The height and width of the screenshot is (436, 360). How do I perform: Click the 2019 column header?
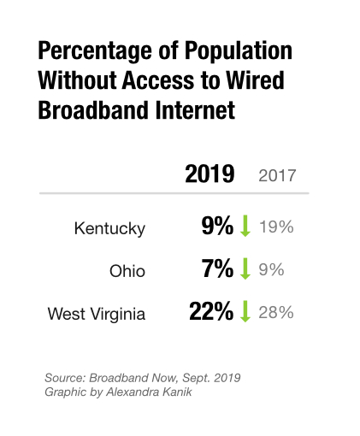tap(210, 174)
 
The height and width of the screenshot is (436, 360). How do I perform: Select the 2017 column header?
tap(277, 175)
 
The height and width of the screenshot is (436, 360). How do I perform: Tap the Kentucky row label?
tap(109, 229)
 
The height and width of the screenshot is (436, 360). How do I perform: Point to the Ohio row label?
tap(127, 271)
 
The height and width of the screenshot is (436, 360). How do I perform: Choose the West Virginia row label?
tap(97, 314)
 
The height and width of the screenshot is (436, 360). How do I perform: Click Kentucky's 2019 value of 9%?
tap(217, 226)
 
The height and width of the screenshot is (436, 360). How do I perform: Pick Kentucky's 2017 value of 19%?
tap(276, 227)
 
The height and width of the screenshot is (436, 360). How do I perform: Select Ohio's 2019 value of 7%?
tap(217, 268)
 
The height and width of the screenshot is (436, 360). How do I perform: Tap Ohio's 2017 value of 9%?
tap(271, 269)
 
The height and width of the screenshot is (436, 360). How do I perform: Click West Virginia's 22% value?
tap(211, 311)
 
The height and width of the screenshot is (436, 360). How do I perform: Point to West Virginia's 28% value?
tap(276, 312)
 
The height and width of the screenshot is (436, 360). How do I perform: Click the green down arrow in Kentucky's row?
tap(245, 226)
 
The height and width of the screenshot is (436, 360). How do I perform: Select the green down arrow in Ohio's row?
tap(245, 268)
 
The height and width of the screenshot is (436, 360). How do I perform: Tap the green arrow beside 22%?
tap(245, 311)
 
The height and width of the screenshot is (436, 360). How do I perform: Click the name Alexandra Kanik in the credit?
tap(149, 392)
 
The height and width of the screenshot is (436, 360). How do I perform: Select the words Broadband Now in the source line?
tap(133, 378)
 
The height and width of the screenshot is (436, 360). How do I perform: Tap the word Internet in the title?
tap(195, 110)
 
